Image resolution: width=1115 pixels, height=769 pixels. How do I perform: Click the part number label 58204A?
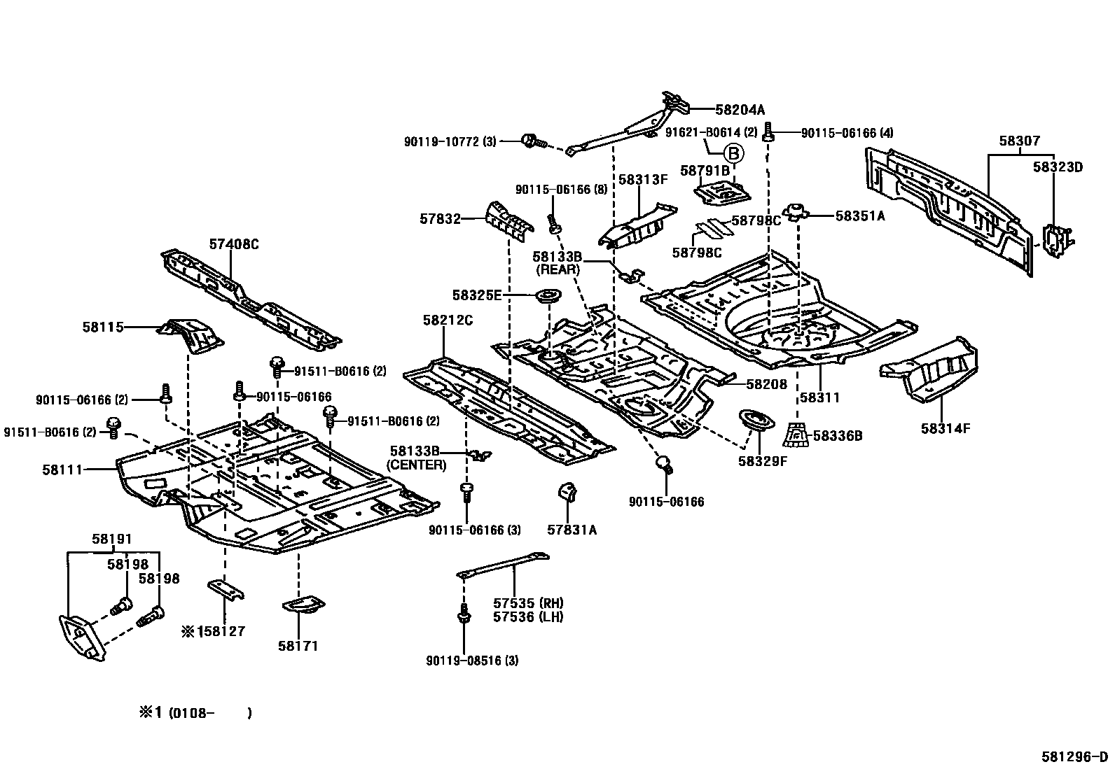[740, 110]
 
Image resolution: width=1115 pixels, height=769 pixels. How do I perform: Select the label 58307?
[1019, 141]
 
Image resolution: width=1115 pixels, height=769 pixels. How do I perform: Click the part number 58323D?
[1058, 167]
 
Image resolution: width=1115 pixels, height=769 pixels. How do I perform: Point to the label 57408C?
[233, 244]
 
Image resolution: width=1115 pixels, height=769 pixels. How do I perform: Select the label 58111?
[62, 470]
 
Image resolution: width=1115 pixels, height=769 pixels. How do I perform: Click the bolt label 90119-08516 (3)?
[472, 660]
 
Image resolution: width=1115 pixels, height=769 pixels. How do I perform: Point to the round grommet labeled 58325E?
[548, 297]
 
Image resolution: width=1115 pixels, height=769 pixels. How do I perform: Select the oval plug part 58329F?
[756, 424]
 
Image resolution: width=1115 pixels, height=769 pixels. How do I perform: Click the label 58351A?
[859, 216]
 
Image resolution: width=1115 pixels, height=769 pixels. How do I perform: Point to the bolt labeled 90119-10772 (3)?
[530, 142]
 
